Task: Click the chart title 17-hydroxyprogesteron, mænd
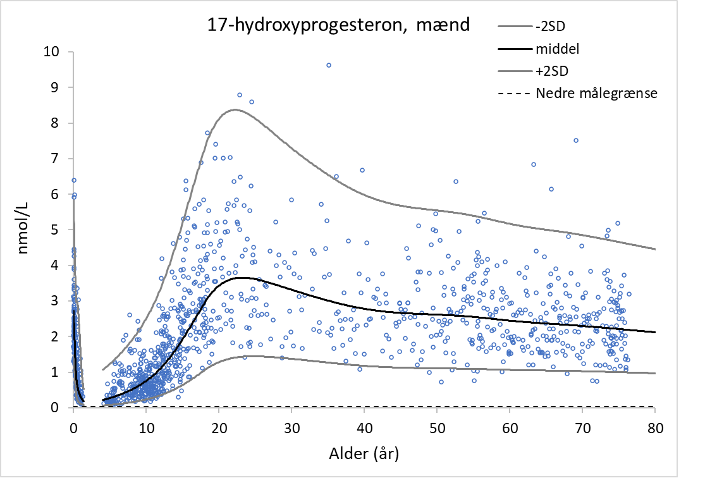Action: pyautogui.click(x=338, y=25)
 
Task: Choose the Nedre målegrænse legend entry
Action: pyautogui.click(x=596, y=94)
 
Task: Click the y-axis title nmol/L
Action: pyautogui.click(x=24, y=230)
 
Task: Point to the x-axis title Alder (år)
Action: pyautogui.click(x=364, y=453)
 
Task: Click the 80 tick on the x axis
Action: pyautogui.click(x=655, y=427)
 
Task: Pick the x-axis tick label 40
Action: pyautogui.click(x=364, y=427)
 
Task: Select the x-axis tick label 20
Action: pyautogui.click(x=218, y=427)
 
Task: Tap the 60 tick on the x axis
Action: pyautogui.click(x=510, y=427)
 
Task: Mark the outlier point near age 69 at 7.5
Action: pyautogui.click(x=576, y=140)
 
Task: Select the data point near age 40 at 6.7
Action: pyautogui.click(x=362, y=170)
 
